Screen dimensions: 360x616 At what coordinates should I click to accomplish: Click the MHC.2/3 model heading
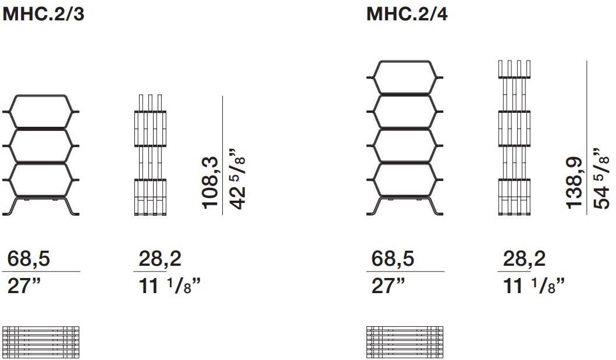point(44,14)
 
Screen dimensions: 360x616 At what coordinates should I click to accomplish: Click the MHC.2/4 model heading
point(407,14)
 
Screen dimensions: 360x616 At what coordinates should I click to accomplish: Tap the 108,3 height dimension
point(210,182)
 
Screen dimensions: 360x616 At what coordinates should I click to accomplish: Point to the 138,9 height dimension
point(574,181)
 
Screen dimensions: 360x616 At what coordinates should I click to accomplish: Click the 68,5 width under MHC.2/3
point(29,259)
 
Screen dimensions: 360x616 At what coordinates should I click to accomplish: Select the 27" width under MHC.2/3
point(25,286)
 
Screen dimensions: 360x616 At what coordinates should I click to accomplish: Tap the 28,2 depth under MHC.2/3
point(160,259)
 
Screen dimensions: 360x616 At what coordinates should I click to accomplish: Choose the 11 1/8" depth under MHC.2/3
point(169,286)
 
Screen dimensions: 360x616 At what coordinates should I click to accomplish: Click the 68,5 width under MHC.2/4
point(393,259)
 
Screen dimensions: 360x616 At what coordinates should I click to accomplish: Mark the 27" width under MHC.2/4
point(389,286)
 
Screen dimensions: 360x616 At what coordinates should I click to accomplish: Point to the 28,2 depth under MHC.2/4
point(524,259)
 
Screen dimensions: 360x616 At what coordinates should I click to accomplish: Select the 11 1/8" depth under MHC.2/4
point(533,286)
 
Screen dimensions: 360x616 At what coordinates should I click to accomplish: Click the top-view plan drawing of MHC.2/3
point(41,342)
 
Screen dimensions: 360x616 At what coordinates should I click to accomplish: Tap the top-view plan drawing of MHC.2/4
point(405,342)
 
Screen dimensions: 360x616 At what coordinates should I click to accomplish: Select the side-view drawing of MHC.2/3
point(150,156)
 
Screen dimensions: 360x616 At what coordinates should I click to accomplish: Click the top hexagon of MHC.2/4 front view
point(405,76)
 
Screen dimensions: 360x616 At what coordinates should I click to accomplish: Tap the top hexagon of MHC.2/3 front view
point(41,110)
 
